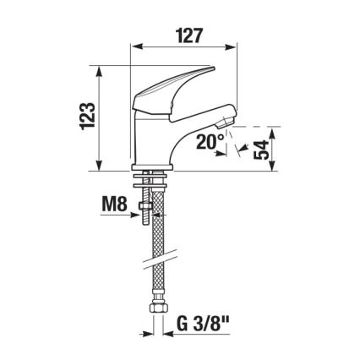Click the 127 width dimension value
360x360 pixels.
pyautogui.click(x=189, y=38)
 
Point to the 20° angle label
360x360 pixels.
pyautogui.click(x=210, y=143)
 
